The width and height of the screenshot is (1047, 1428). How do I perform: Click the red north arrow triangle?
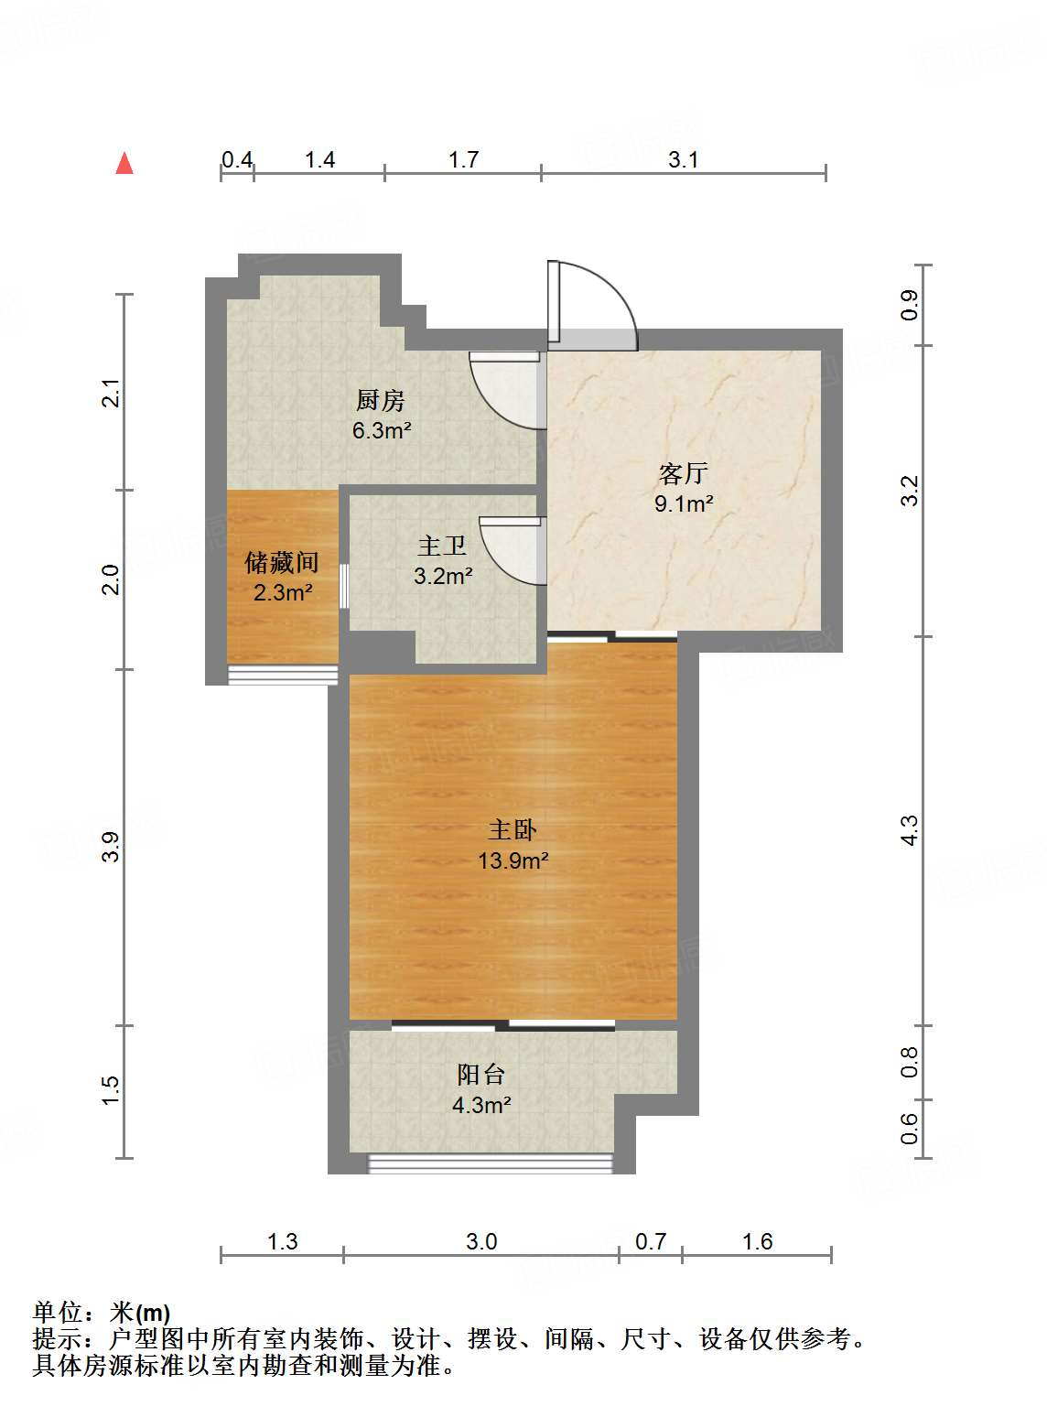pyautogui.click(x=124, y=164)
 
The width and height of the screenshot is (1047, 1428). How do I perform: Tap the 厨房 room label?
pyautogui.click(x=380, y=400)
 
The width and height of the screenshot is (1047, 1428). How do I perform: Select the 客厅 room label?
pyautogui.click(x=684, y=473)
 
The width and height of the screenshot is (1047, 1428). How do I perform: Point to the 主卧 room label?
pyautogui.click(x=513, y=830)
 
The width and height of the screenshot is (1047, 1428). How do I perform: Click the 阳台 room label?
pyautogui.click(x=481, y=1075)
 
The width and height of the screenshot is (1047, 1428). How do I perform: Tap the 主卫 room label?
pyautogui.click(x=443, y=546)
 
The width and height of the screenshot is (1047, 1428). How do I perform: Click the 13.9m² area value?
pyautogui.click(x=513, y=860)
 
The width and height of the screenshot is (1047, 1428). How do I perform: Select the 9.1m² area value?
pyautogui.click(x=684, y=503)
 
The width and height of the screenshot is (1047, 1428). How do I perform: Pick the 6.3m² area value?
pyautogui.click(x=380, y=430)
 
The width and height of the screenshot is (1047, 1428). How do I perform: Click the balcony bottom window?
pyautogui.click(x=491, y=1163)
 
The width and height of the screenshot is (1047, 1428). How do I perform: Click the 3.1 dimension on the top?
pyautogui.click(x=683, y=160)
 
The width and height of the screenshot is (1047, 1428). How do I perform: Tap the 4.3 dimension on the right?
pyautogui.click(x=909, y=830)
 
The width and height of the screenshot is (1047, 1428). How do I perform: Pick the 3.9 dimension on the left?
pyautogui.click(x=111, y=847)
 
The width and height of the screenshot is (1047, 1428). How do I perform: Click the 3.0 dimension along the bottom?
pyautogui.click(x=481, y=1242)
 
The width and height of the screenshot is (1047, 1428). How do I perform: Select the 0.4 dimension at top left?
pyautogui.click(x=237, y=160)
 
